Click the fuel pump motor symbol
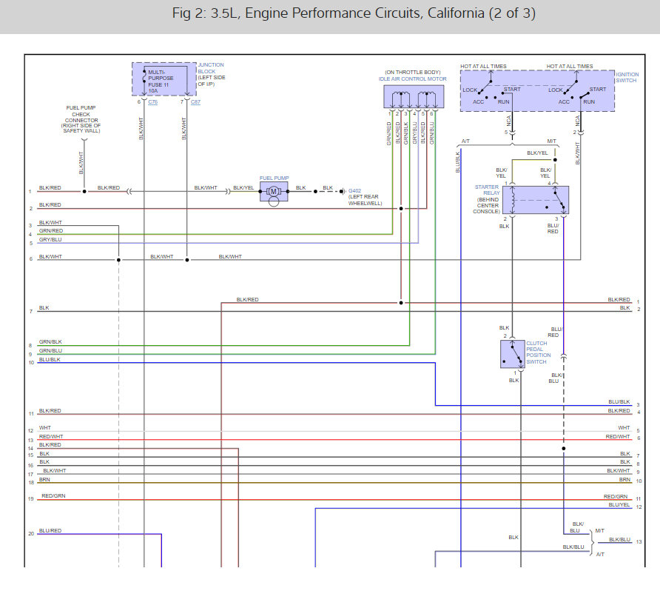click(x=272, y=192)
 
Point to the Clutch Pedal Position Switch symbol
click(x=513, y=354)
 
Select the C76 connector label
click(x=152, y=101)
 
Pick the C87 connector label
click(x=195, y=101)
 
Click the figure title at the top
click(x=329, y=14)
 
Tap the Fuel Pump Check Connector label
click(x=81, y=120)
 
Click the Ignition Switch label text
click(x=627, y=79)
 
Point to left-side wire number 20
click(x=31, y=533)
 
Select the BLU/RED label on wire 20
click(x=50, y=530)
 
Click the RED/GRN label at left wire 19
click(x=53, y=495)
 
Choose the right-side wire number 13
click(x=639, y=541)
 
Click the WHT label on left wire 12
click(x=45, y=427)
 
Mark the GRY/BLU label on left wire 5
click(x=50, y=239)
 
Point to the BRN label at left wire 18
click(x=45, y=479)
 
